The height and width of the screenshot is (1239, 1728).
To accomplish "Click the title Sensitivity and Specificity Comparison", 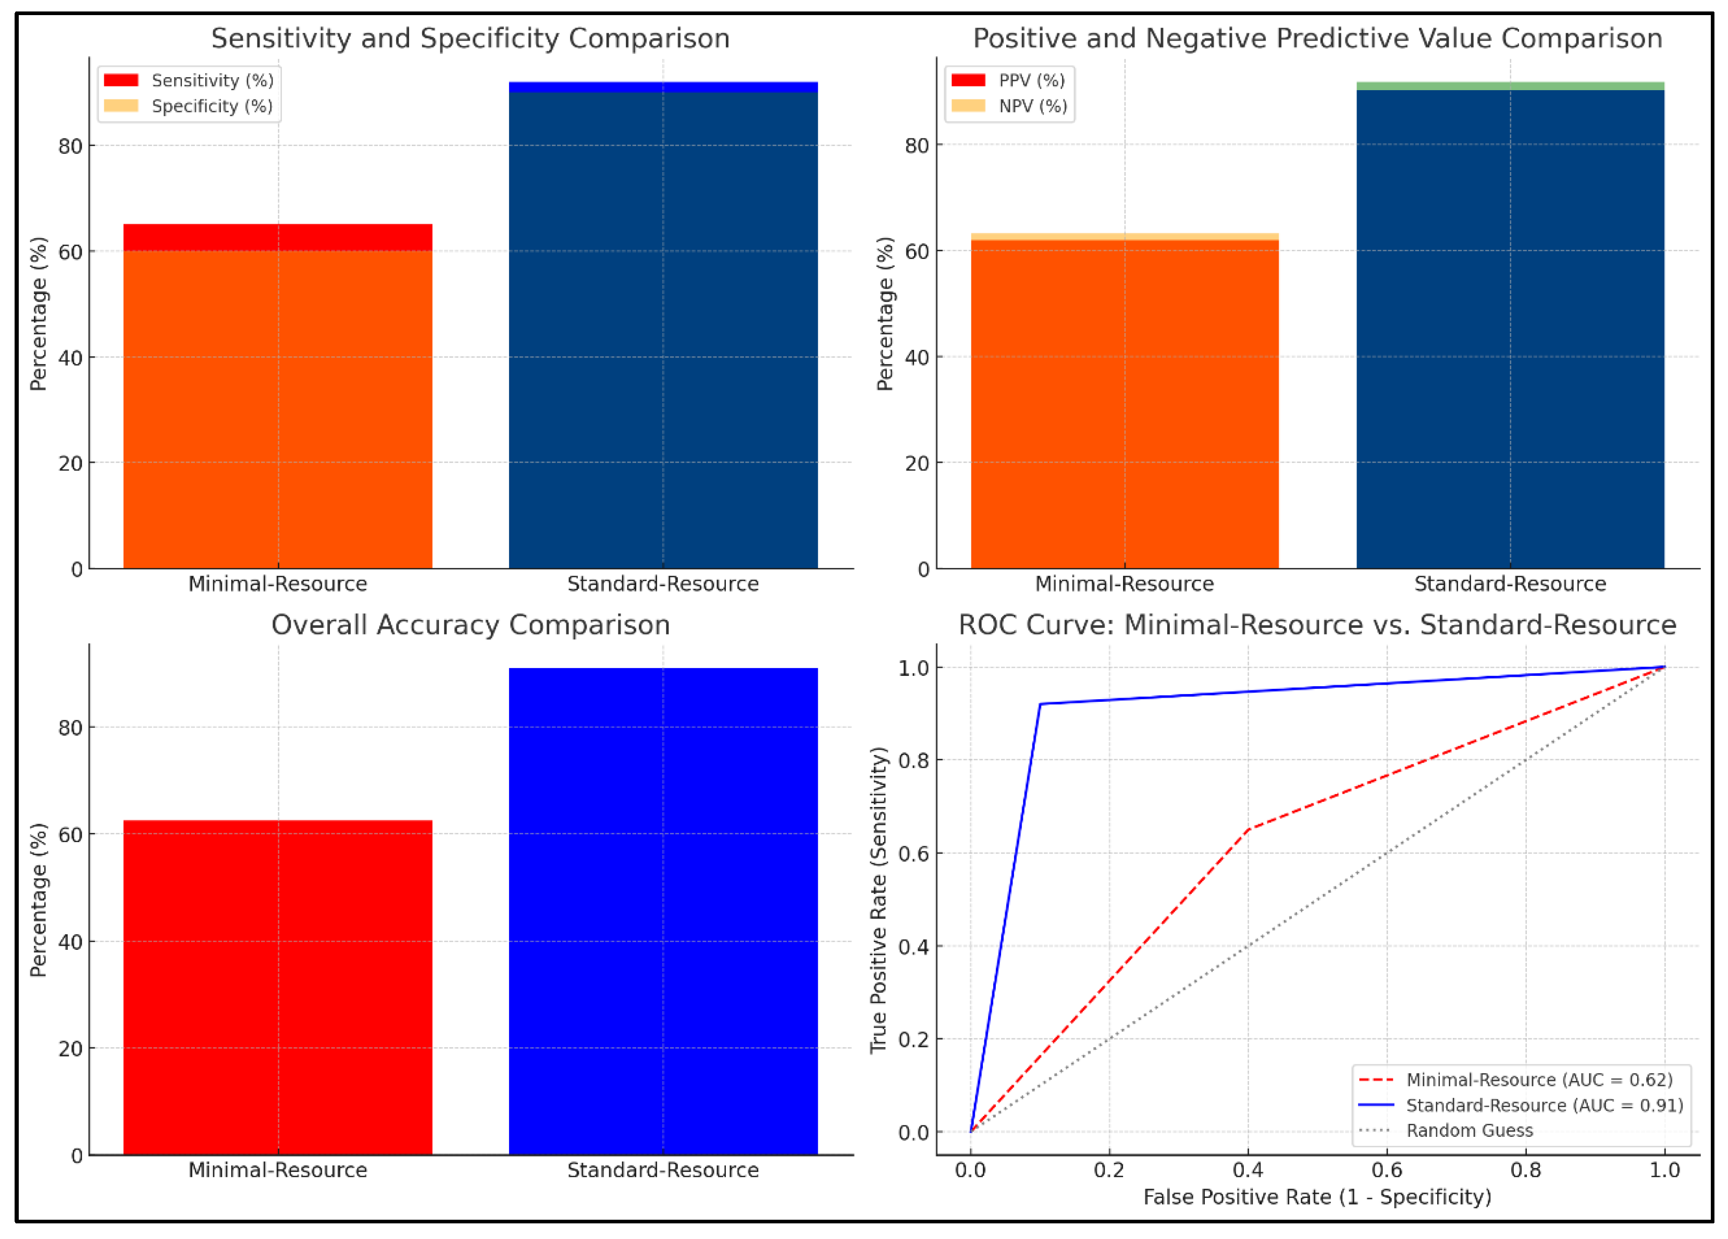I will point(470,38).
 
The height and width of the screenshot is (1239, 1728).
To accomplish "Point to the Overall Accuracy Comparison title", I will point(470,625).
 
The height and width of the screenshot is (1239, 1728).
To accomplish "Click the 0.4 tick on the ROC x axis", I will point(1248,1170).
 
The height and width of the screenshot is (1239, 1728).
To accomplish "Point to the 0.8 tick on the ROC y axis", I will point(914,761).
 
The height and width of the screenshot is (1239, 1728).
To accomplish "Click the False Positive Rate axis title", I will point(1316,1197).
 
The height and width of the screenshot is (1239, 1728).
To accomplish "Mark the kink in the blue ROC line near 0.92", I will point(1041,704).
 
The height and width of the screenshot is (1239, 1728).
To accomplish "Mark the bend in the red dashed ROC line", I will point(1248,829).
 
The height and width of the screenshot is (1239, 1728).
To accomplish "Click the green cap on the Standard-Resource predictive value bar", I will point(1510,86).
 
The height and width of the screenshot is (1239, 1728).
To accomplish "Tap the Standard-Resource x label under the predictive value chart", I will point(1510,584).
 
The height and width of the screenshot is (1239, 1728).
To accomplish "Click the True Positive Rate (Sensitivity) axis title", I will point(879,899).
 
